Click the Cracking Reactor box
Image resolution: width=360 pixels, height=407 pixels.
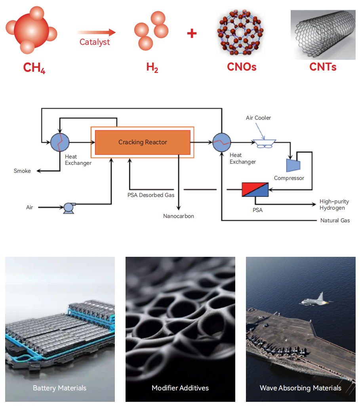143,142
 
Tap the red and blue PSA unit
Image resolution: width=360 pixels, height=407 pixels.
255,189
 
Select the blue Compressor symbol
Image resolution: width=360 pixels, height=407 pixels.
293,165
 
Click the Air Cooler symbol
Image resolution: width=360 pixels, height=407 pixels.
264,144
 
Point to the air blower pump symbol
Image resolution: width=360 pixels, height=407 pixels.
69,208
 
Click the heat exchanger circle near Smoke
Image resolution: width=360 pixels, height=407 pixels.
60,142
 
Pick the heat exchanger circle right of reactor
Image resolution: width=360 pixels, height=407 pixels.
222,142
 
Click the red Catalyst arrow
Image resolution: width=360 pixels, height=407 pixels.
96,32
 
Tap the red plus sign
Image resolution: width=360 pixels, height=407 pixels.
192,33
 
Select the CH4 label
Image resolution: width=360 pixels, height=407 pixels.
34,68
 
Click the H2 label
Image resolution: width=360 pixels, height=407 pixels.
152,67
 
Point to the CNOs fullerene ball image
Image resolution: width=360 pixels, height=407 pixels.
240,32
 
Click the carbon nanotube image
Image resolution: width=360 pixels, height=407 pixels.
323,35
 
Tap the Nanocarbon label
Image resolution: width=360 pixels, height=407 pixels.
179,216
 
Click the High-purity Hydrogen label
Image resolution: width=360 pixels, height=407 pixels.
334,204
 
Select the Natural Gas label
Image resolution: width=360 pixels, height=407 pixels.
335,220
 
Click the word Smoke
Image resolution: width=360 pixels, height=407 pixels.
22,171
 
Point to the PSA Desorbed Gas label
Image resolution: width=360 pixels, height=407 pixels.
151,195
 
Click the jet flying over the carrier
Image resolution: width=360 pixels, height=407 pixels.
315,300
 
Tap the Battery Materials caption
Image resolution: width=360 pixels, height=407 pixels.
60,388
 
